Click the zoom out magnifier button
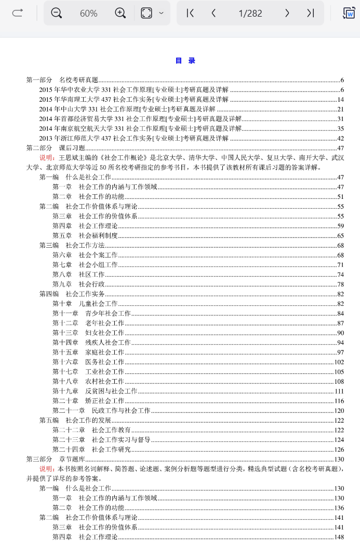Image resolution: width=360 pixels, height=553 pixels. (x=57, y=13)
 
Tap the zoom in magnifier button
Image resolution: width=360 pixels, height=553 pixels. (x=120, y=13)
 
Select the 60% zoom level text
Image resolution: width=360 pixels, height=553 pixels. (x=88, y=14)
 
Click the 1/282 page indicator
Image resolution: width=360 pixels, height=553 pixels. (x=250, y=14)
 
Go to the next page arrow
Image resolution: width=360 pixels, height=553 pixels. (x=287, y=13)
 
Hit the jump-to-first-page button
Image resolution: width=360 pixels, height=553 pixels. (x=190, y=13)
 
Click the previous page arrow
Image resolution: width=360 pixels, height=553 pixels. (x=214, y=13)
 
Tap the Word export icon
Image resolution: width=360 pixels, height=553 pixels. (x=349, y=13)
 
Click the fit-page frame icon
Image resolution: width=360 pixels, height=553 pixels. (x=146, y=13)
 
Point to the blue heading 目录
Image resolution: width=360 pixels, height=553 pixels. (x=185, y=61)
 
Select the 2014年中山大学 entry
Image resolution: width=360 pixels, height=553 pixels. (x=127, y=109)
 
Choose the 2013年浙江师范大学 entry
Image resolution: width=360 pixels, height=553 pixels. (x=134, y=138)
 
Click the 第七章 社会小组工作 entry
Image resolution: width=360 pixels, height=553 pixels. (x=85, y=265)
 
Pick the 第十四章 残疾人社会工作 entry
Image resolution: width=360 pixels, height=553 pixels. (x=91, y=343)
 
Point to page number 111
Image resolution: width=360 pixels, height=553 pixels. (x=339, y=391)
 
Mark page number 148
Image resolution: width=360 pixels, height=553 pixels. (x=339, y=537)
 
